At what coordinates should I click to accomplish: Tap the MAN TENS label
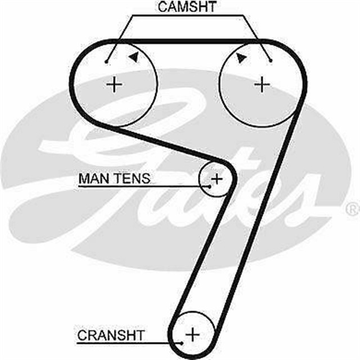(x=114, y=179)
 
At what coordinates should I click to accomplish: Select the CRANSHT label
(x=111, y=336)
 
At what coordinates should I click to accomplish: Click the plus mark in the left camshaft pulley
(x=115, y=85)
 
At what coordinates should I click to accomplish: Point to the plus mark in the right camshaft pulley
(x=262, y=85)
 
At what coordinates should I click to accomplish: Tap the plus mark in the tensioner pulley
(x=217, y=178)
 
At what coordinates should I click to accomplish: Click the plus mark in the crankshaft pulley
(x=193, y=334)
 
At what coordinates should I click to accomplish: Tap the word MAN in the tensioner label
(x=91, y=179)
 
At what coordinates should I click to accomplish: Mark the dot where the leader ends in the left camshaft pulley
(x=106, y=61)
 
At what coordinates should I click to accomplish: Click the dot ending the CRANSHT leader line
(x=182, y=341)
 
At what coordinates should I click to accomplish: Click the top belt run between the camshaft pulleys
(x=188, y=40)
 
